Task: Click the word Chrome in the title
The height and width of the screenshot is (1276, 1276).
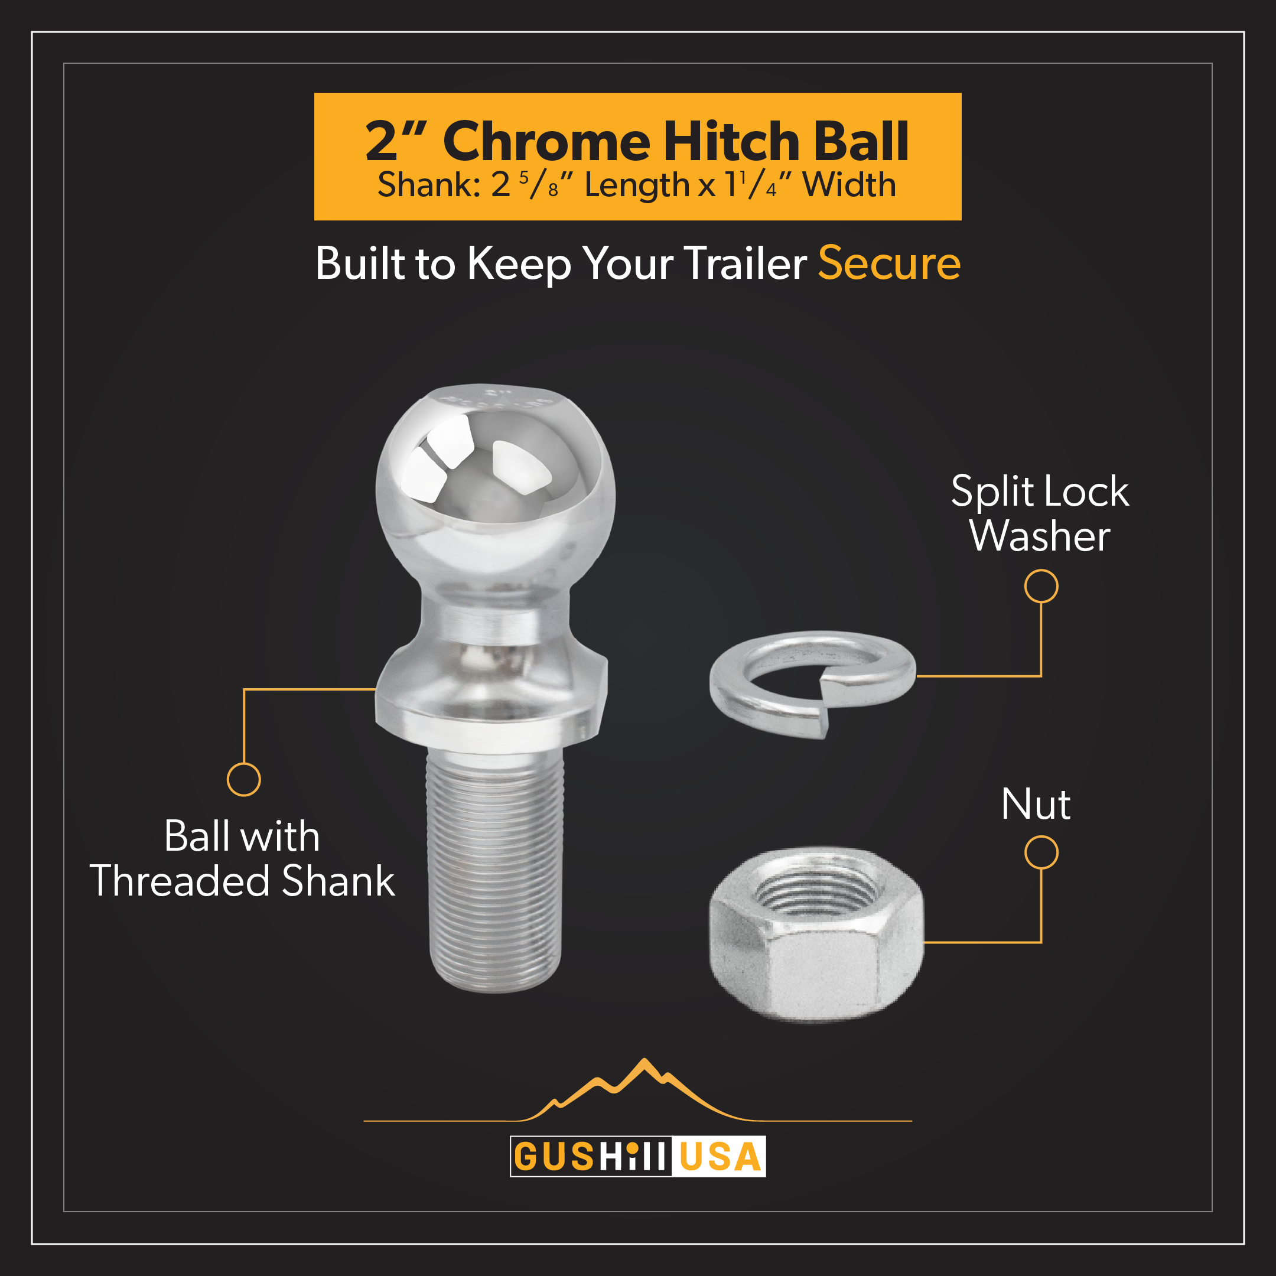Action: pos(546,141)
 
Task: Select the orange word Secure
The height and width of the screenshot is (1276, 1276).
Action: pos(889,263)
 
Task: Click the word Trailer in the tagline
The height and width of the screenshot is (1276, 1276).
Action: pos(745,263)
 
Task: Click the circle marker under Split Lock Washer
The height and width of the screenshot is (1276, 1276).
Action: pos(1041,587)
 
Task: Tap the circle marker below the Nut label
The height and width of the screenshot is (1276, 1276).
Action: pos(1041,852)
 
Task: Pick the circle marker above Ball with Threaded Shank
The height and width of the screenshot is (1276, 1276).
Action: pos(244,779)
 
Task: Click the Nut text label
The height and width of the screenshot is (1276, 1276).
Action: pos(1036,805)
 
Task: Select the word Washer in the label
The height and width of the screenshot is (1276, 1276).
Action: pos(1040,536)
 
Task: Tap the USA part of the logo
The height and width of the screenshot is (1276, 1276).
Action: pos(720,1157)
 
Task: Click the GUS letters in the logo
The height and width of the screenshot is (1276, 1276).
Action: pos(554,1157)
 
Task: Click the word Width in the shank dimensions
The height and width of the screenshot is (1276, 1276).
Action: pos(849,185)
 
